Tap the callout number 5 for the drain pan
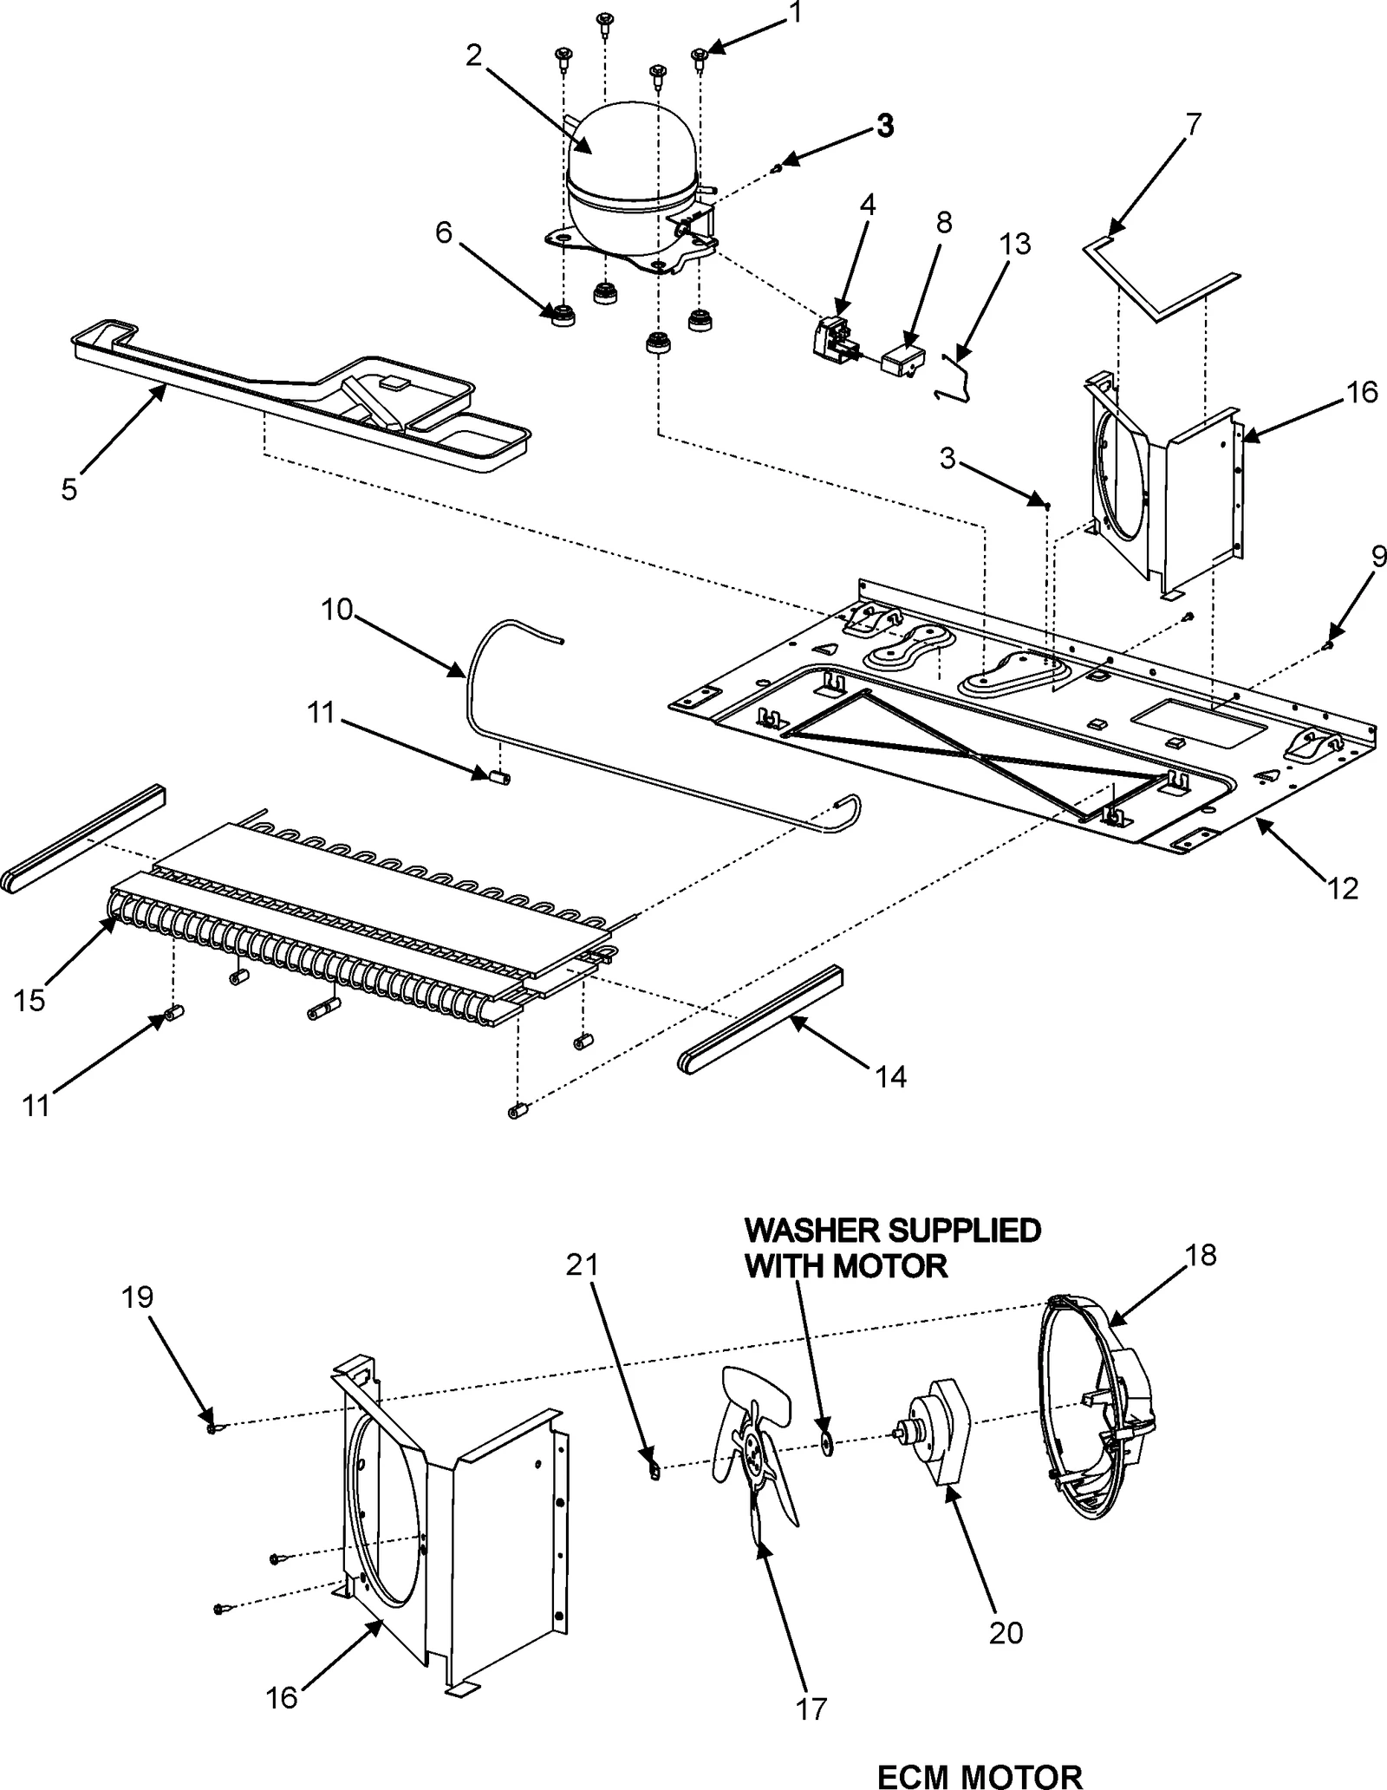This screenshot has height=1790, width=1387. point(69,489)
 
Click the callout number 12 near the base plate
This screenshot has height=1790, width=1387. point(1342,888)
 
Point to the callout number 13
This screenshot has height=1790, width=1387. point(1013,245)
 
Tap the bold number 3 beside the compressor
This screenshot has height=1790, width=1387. point(883,126)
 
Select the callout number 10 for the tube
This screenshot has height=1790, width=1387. point(337,610)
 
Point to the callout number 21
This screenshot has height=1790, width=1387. point(583,1265)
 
